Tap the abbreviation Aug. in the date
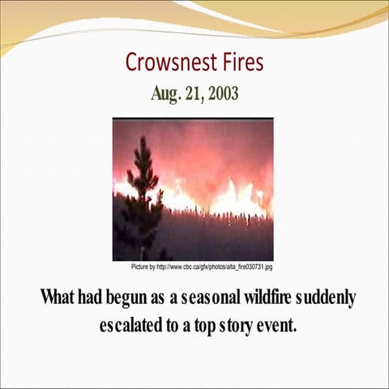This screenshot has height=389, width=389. click(x=165, y=92)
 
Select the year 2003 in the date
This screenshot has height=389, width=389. click(x=223, y=92)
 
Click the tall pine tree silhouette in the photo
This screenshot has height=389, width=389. click(x=143, y=186)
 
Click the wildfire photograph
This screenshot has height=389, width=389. click(x=193, y=189)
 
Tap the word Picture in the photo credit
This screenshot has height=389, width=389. click(x=143, y=267)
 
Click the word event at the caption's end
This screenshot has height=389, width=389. click(x=280, y=328)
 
